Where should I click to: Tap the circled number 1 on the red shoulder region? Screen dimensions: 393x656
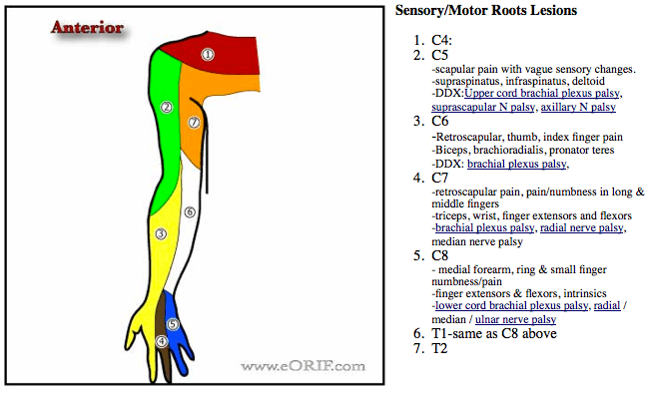207,54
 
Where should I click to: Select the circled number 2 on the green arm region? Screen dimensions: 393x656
167,107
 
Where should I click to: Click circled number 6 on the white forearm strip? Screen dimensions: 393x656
188,211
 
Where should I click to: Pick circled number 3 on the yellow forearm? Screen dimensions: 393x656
159,233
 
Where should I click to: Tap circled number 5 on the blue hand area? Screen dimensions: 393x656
172,323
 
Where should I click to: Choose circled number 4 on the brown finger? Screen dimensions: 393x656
162,341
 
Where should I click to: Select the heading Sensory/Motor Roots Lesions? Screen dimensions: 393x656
486,11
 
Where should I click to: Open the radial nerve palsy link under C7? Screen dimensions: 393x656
582,227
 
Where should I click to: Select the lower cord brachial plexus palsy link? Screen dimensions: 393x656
510,306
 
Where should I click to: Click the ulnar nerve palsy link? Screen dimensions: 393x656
515,319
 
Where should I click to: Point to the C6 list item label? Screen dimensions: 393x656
441,122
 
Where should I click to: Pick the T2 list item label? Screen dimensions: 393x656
440,349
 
